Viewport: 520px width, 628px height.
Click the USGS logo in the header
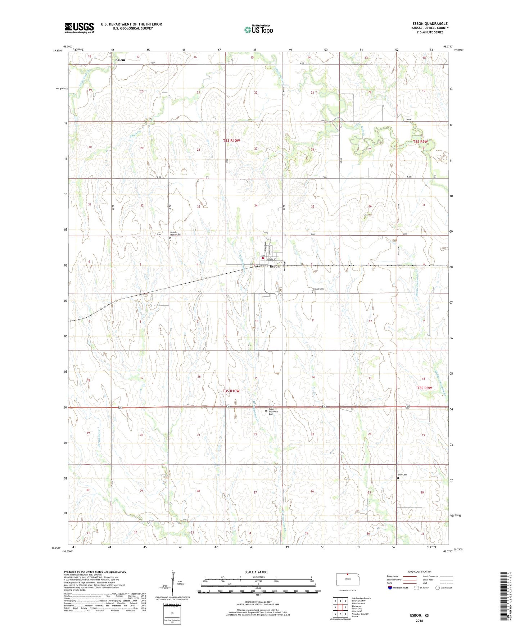(x=79, y=27)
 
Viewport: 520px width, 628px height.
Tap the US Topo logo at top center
(x=258, y=29)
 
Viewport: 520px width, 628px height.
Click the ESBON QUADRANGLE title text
(x=430, y=24)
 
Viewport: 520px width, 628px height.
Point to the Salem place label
(x=120, y=60)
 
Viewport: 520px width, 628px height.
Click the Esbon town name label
(x=275, y=267)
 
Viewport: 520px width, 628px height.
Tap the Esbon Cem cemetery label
(x=318, y=289)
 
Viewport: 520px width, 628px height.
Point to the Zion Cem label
(x=402, y=475)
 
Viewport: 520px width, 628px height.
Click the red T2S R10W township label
(x=231, y=141)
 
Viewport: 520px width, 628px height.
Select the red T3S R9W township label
(x=424, y=388)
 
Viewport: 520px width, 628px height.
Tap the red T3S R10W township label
(x=231, y=391)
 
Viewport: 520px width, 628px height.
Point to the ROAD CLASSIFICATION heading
(x=419, y=572)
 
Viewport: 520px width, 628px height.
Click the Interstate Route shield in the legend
(x=390, y=588)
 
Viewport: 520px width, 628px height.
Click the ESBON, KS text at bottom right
(x=419, y=615)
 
